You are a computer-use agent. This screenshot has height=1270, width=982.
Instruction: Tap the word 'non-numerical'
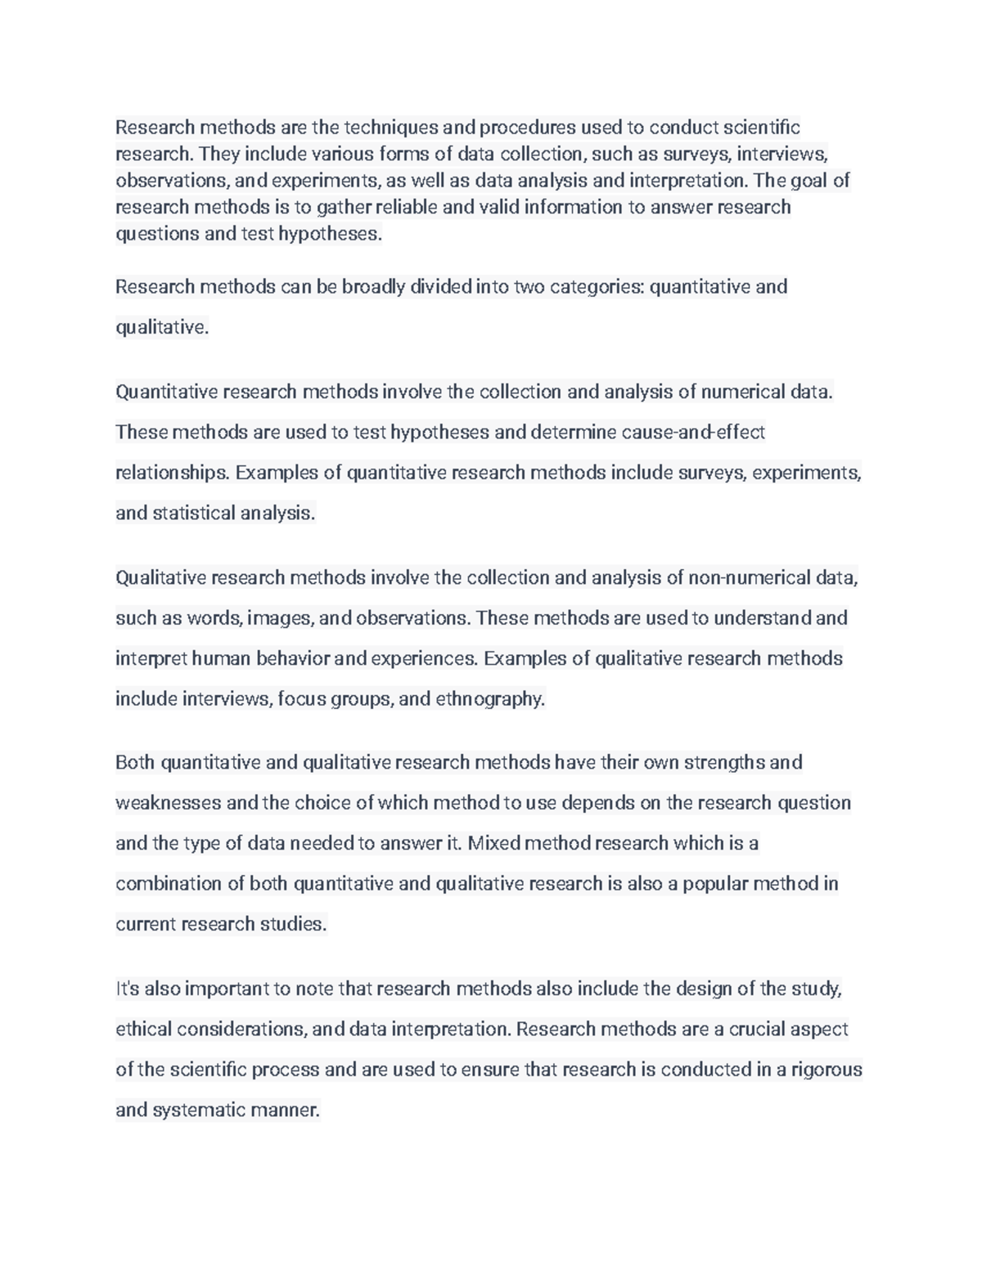749,577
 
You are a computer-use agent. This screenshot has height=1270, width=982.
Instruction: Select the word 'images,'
278,617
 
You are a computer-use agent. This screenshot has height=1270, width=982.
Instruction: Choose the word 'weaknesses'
168,803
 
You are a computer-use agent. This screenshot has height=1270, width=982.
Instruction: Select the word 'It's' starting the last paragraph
128,989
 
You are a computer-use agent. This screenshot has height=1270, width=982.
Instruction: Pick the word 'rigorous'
827,1070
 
